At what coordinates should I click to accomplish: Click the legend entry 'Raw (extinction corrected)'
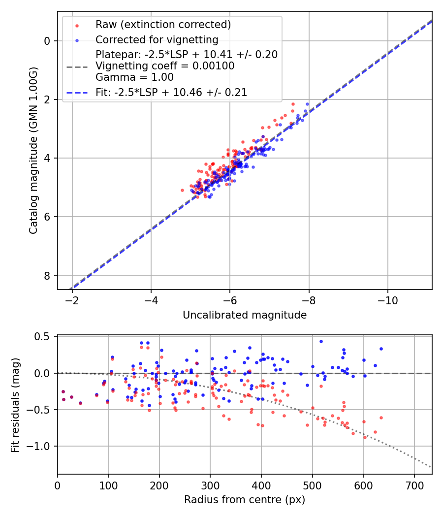tap(163, 25)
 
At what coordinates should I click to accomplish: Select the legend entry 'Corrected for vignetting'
tap(157, 39)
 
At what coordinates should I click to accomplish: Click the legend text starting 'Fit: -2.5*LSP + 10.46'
tap(171, 92)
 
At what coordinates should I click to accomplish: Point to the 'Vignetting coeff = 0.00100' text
tap(165, 65)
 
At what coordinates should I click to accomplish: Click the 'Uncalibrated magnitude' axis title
tap(245, 315)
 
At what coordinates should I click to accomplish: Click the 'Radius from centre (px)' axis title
tap(245, 500)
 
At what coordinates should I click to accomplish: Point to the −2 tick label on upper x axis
tap(72, 300)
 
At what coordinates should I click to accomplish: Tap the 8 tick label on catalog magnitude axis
tap(48, 276)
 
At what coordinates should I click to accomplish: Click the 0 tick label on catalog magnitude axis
tap(48, 41)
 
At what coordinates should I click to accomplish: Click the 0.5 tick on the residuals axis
tap(44, 337)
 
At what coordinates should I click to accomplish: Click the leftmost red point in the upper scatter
tap(182, 190)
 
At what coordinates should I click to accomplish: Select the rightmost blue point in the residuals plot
tap(381, 349)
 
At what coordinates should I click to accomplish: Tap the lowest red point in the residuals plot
tap(365, 437)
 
